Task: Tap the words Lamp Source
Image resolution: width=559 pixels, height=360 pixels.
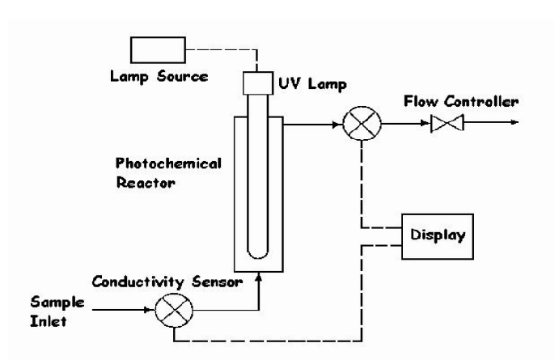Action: point(159,77)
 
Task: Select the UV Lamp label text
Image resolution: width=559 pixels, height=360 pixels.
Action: point(312,84)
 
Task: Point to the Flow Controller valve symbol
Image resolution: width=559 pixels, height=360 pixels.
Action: point(447,123)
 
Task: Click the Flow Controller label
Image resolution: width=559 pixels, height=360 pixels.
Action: point(461,102)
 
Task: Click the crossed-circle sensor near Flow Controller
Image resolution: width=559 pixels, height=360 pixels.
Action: point(362,123)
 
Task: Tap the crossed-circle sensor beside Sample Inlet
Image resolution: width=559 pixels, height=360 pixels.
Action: point(174,310)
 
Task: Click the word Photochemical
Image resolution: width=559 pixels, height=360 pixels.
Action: point(168,163)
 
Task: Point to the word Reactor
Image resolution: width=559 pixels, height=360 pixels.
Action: point(146,183)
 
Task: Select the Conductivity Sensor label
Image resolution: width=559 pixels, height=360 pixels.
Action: point(167,282)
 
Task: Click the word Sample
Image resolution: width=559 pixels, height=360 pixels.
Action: point(57,303)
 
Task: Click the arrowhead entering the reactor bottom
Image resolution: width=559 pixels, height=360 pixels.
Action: point(259,277)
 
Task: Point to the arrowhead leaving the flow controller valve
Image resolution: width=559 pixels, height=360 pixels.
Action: point(515,122)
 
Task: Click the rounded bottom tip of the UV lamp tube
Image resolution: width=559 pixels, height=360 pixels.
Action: point(258,257)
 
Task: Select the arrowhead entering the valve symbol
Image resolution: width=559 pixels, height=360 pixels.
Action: point(426,123)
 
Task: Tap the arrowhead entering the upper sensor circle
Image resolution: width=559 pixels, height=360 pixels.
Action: point(337,125)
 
